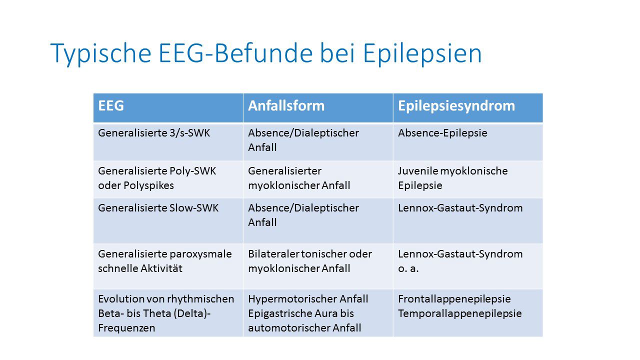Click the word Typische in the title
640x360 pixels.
pos(101,53)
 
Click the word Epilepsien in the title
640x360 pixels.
pos(422,53)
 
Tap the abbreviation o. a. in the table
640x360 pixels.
pos(408,269)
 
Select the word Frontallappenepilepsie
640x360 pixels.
pos(454,299)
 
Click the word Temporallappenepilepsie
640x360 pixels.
pos(459,313)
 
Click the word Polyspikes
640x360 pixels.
pos(148,185)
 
